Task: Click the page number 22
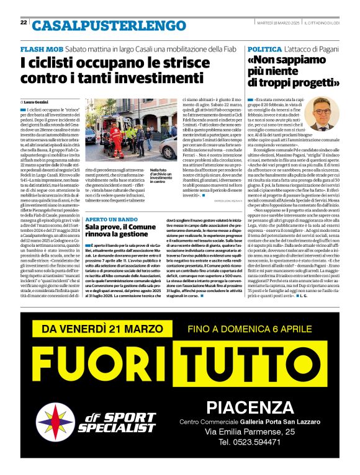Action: click(x=24, y=22)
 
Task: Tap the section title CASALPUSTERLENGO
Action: click(x=100, y=25)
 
